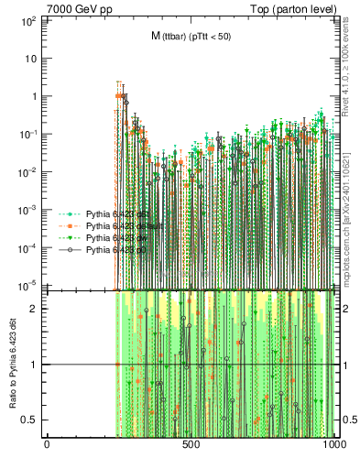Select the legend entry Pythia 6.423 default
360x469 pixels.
pos(117,224)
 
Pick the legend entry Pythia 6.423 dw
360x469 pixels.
pos(111,236)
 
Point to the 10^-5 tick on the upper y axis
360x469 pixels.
pos(28,285)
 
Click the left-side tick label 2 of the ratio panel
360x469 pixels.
pos(37,309)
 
